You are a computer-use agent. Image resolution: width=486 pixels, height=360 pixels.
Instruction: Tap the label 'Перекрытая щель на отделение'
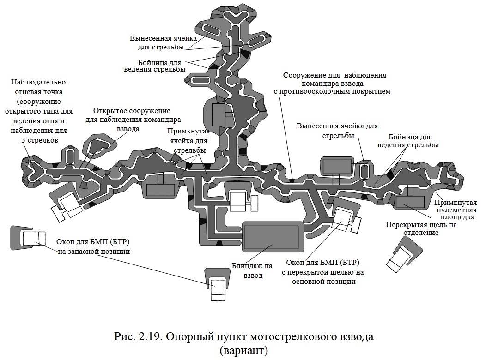[x=421, y=229]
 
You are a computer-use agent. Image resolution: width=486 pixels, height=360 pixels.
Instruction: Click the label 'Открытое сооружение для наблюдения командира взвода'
[x=132, y=120]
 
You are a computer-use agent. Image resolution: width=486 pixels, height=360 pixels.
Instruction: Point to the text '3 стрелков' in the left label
[x=40, y=140]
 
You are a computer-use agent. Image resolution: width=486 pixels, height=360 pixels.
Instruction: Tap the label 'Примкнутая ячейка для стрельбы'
[x=187, y=141]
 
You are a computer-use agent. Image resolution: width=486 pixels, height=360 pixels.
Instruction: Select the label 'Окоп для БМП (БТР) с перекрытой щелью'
[x=323, y=272]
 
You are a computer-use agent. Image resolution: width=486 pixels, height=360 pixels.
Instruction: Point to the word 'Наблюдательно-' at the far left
[x=40, y=82]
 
